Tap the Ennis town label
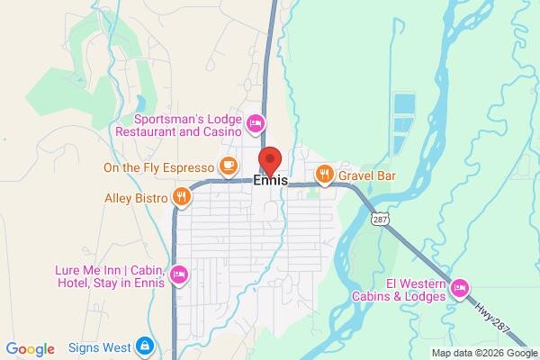(271, 181)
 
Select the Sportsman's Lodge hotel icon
(255, 121)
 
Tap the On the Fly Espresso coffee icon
(228, 166)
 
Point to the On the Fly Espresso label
(158, 167)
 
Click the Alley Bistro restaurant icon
(181, 193)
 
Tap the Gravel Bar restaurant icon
(324, 173)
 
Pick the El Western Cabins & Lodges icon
(459, 287)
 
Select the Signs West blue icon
(145, 346)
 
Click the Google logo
(30, 349)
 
